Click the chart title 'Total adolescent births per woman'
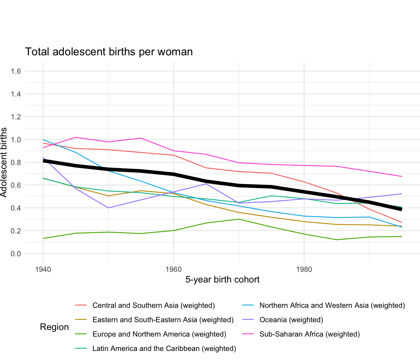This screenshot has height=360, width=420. click(109, 52)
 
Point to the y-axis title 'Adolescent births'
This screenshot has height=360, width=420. click(4, 162)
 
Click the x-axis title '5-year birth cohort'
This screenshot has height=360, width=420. click(222, 279)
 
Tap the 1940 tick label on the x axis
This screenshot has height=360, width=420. click(43, 269)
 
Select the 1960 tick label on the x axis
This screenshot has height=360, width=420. click(173, 269)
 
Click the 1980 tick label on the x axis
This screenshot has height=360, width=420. click(304, 269)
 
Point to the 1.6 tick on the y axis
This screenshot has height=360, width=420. click(16, 71)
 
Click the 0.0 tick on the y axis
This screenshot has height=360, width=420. click(16, 253)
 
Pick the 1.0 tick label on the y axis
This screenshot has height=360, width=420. click(16, 140)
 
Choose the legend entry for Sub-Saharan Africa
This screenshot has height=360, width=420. click(309, 334)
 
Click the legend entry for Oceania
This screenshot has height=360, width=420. click(291, 320)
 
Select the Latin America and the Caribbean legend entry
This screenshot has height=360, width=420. click(164, 348)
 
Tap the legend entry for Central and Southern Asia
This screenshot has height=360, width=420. click(153, 305)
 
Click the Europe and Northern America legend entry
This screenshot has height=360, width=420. click(159, 334)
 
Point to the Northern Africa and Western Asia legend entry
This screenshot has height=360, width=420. click(332, 305)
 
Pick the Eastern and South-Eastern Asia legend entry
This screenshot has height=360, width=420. click(163, 320)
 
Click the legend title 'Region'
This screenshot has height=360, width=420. click(54, 327)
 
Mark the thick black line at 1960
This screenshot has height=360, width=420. click(173, 174)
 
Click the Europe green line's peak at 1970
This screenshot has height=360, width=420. click(239, 219)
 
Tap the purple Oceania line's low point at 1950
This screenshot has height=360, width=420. click(108, 208)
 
